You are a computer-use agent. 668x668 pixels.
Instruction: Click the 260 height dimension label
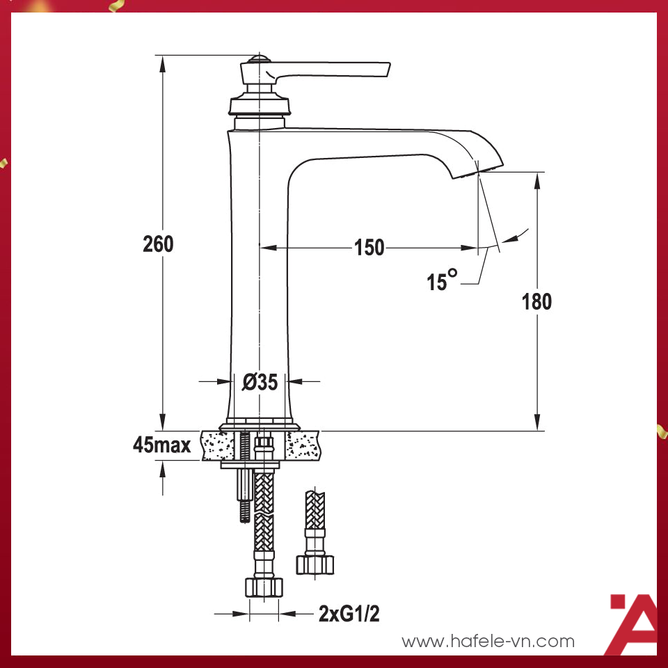click(x=158, y=244)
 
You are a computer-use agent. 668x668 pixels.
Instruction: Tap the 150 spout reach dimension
click(x=369, y=247)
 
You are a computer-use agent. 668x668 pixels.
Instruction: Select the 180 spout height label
click(x=536, y=301)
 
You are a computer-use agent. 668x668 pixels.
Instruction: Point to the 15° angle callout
click(x=442, y=280)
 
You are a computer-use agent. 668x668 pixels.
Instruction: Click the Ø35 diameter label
click(x=260, y=381)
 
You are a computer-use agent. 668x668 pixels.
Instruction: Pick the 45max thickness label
click(x=162, y=445)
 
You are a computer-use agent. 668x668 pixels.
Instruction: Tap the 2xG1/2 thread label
click(x=349, y=614)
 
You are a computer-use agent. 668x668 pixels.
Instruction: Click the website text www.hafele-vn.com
click(x=488, y=641)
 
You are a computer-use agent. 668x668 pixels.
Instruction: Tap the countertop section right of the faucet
click(x=304, y=445)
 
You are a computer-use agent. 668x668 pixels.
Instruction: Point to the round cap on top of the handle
click(x=258, y=58)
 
